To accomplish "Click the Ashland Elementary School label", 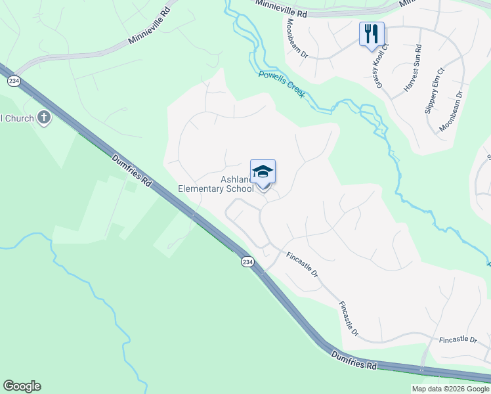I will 216,184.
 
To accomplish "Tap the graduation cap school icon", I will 263,172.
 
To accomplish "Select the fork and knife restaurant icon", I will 372,34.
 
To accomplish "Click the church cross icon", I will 44,118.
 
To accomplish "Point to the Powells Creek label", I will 282,84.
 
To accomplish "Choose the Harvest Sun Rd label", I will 412,68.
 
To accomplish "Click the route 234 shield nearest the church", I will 13,80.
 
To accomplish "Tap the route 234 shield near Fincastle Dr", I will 246,261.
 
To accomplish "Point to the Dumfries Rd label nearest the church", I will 132,171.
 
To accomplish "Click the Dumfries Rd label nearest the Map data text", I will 354,359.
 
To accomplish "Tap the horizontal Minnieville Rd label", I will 283,12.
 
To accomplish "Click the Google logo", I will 22,386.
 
